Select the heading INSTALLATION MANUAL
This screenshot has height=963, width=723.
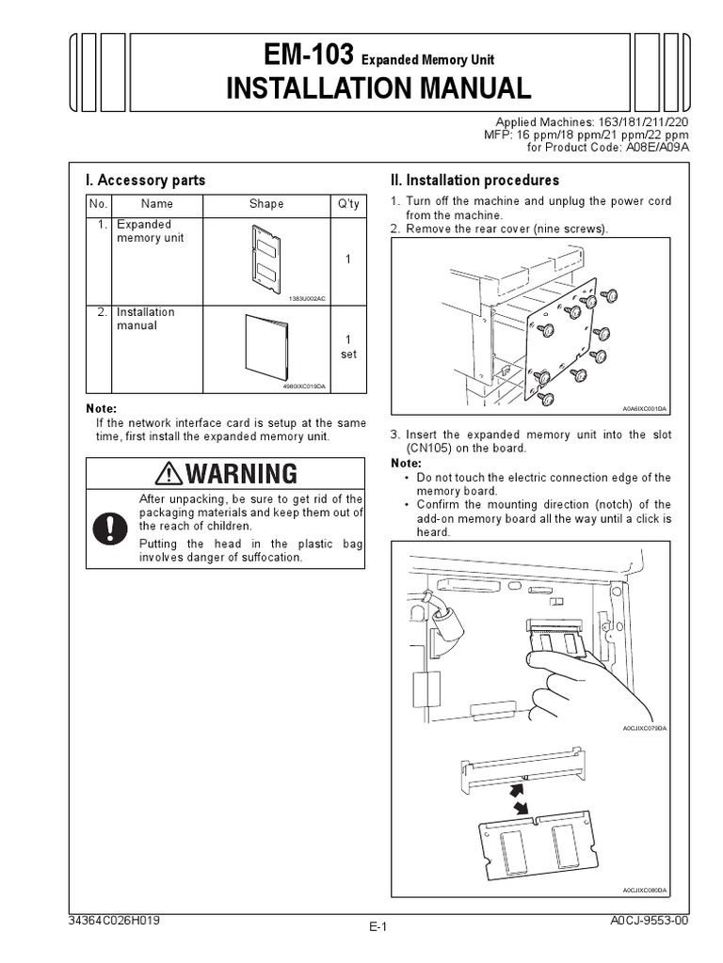(x=378, y=88)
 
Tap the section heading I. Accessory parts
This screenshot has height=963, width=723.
(x=145, y=180)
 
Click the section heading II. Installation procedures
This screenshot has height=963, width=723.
(x=474, y=180)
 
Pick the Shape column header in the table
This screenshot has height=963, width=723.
(x=266, y=204)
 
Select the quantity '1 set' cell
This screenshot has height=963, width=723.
(x=347, y=346)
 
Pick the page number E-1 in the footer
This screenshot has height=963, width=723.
(x=378, y=927)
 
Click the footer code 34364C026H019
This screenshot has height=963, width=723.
(x=116, y=922)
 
